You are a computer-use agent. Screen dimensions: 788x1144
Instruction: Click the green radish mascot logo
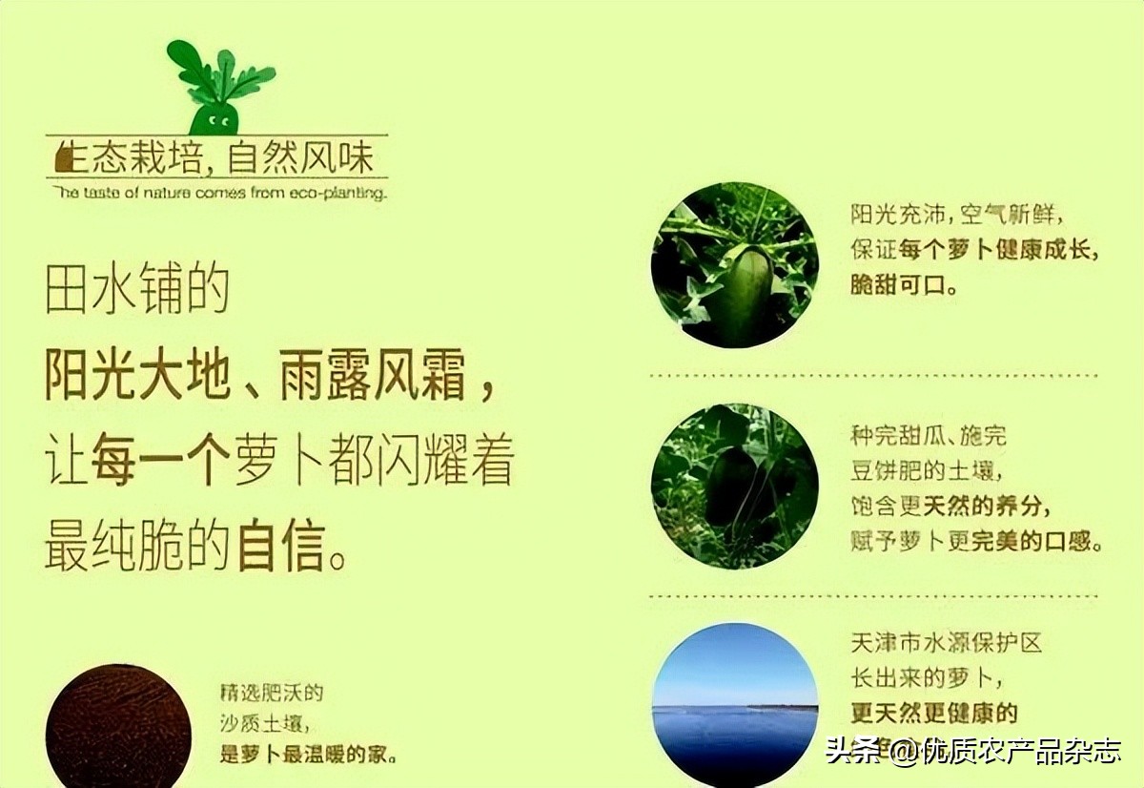point(219,87)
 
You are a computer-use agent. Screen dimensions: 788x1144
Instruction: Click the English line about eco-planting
point(220,193)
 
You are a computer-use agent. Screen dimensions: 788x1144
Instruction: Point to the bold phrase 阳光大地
point(137,377)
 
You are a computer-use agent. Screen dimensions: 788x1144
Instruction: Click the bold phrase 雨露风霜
point(372,377)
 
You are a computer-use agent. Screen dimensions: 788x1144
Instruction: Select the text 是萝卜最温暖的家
point(308,755)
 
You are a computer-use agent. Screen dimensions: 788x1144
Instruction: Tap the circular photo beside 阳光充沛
point(734,264)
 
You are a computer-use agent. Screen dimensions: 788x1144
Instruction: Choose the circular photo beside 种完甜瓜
point(734,486)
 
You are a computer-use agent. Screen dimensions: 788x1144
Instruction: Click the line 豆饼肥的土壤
point(929,471)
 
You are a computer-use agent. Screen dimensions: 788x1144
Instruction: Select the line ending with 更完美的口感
point(976,541)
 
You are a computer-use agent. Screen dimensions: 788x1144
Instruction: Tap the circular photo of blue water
point(734,704)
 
